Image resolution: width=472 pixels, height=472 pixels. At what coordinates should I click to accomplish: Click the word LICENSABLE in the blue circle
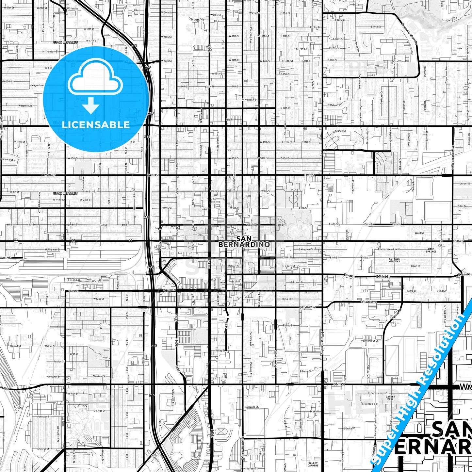coord(96,125)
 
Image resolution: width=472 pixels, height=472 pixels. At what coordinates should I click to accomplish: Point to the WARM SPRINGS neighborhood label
coord(431,250)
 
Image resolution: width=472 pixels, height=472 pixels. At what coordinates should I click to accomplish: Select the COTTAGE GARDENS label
coord(394,260)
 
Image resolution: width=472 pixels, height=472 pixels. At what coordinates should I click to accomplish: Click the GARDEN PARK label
coord(390,398)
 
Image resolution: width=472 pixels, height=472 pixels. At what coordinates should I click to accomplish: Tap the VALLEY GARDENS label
coord(313,464)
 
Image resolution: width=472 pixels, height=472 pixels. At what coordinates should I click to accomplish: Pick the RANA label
coord(20,407)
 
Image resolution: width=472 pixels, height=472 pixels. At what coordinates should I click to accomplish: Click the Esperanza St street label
coord(251,407)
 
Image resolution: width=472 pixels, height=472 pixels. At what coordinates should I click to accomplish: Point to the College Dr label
coord(100,411)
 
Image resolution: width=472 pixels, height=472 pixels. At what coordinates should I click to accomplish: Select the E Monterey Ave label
coord(388,249)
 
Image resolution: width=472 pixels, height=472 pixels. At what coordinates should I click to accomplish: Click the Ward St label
coord(419,233)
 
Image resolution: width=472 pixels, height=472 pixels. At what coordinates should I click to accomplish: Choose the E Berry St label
coord(306,371)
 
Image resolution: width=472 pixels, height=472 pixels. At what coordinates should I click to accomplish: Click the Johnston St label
coord(44,416)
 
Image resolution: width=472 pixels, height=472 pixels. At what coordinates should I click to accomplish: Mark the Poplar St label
coord(59,362)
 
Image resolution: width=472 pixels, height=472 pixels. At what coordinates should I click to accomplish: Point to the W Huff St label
coord(73,394)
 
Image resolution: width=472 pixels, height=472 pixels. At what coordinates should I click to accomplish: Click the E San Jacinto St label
coord(378,393)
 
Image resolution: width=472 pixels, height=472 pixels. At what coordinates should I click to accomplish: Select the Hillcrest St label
coord(251,468)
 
